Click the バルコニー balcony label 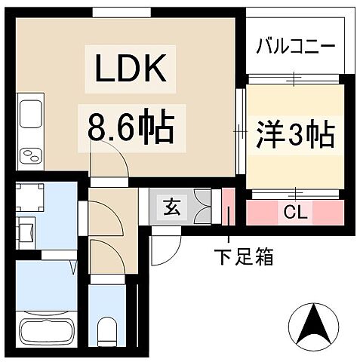pos(295,44)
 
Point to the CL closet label pos(294,213)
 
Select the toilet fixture pos(106,329)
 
